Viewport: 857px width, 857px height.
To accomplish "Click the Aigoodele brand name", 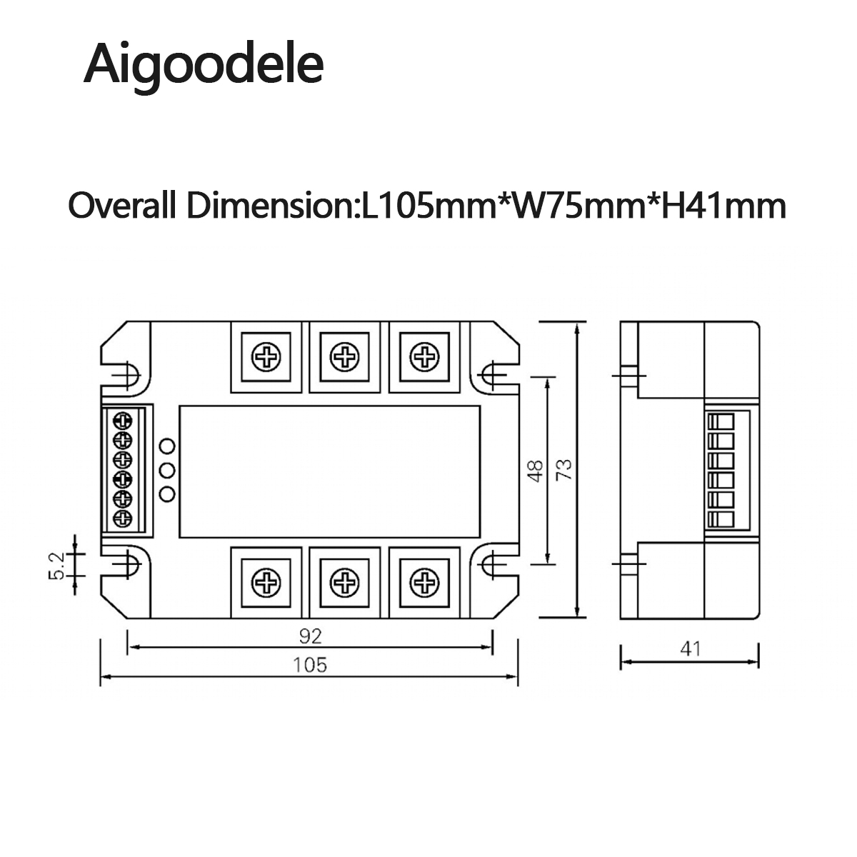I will tap(204, 64).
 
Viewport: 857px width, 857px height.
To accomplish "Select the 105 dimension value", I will tap(310, 664).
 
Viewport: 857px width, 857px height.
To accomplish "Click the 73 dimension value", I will tap(564, 469).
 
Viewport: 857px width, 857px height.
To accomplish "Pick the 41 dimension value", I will tap(691, 648).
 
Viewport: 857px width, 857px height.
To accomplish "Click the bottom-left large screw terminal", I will tap(267, 582).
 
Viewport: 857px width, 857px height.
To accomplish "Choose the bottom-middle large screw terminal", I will tap(345, 582).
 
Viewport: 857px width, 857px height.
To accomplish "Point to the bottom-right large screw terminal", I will tap(424, 582).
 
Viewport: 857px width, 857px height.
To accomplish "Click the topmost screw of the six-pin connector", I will tap(123, 421).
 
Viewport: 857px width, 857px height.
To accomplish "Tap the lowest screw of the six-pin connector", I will tap(123, 518).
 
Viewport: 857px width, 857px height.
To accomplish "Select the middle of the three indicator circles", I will tap(168, 470).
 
